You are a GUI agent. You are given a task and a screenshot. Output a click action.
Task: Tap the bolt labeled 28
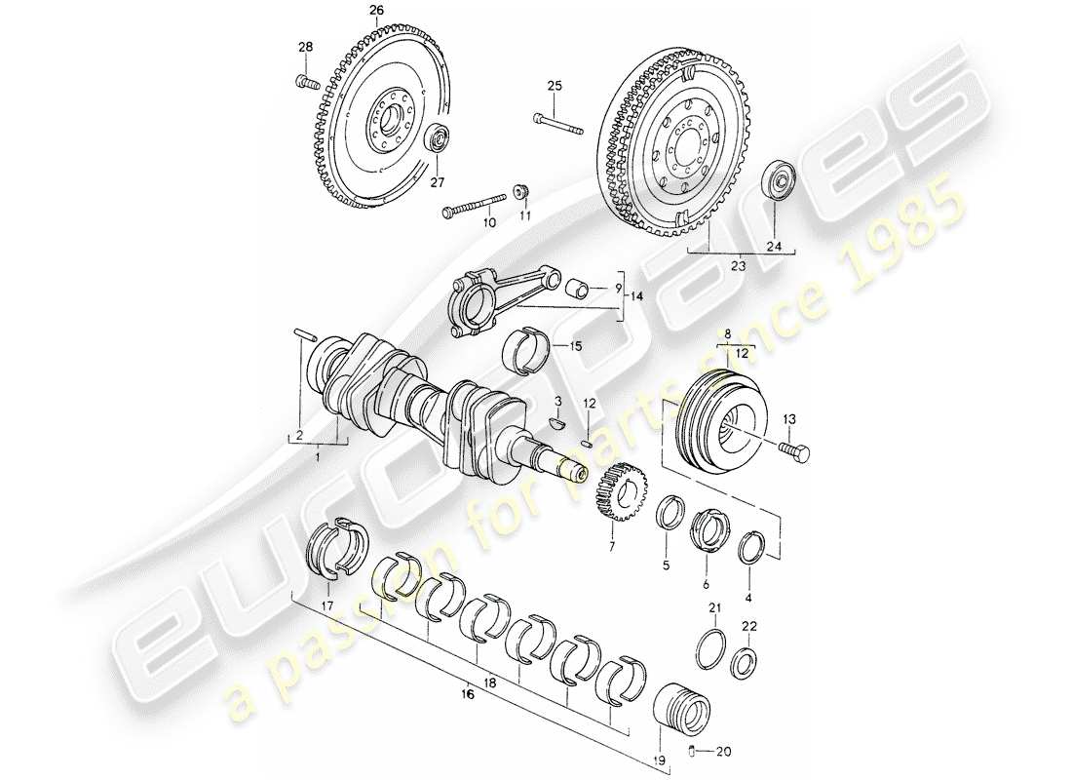(x=304, y=82)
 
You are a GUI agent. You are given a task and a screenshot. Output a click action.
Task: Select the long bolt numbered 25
(x=557, y=124)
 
